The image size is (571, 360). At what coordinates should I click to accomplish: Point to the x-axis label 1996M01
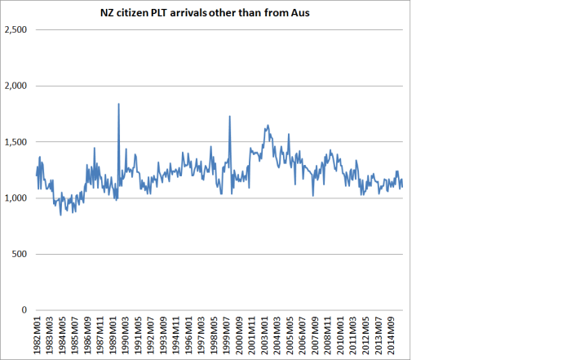coord(189,336)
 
